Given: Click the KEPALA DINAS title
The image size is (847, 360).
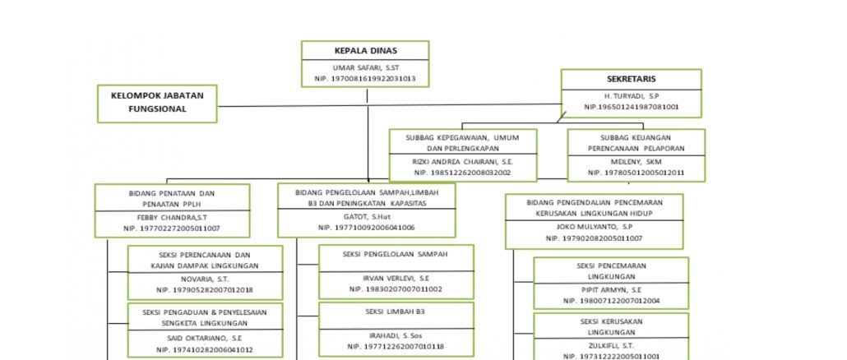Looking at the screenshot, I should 364,51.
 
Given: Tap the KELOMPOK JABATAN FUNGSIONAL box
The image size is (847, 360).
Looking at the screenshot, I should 157,102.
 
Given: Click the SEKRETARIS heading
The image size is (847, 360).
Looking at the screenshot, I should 631,80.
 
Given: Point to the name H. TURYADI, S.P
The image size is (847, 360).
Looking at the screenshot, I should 631,96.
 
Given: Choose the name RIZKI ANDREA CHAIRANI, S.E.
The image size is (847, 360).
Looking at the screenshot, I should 463,162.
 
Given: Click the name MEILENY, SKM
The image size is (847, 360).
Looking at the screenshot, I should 636,162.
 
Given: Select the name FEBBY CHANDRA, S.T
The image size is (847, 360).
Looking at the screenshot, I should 171,218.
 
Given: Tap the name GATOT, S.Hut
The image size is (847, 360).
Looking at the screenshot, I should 366,216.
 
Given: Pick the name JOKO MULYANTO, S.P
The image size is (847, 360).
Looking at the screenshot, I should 593,226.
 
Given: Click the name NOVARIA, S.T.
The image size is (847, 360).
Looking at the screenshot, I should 205,279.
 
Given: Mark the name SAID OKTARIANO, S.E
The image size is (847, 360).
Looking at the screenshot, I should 204,338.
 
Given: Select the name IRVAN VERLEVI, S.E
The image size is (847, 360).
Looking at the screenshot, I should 396,278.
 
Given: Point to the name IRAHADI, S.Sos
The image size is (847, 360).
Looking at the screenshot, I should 396,335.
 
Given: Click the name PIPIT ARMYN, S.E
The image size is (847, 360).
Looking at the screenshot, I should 611,289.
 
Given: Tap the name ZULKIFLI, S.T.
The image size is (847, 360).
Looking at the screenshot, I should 611,346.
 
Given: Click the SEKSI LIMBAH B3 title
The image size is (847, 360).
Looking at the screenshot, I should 396,312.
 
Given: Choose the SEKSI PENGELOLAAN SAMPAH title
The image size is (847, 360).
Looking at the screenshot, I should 396,255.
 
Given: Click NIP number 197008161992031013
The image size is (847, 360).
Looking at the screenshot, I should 364,79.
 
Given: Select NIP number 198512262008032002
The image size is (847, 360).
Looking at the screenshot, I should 463,173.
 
